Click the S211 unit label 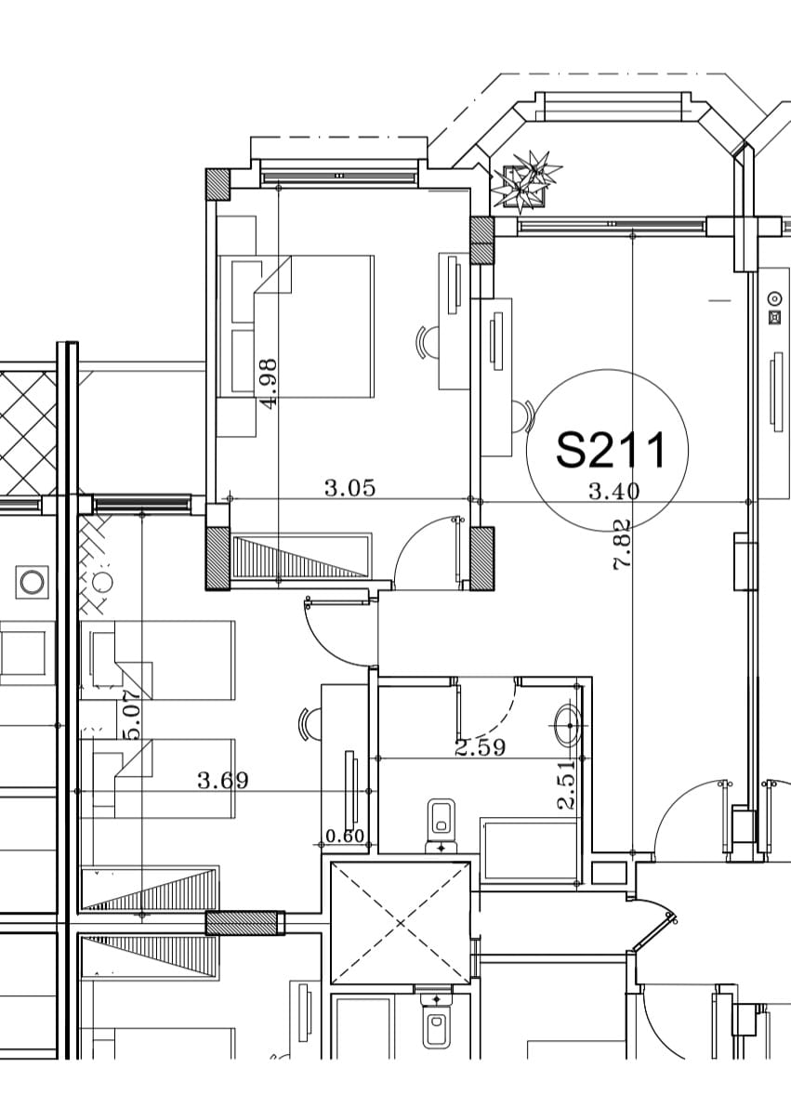click(610, 450)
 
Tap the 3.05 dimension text click(349, 487)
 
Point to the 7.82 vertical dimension click(622, 545)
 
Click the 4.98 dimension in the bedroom click(269, 384)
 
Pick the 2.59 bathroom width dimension click(481, 747)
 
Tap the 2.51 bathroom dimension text click(567, 784)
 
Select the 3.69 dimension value click(223, 780)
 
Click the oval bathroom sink click(568, 725)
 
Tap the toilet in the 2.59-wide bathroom click(442, 824)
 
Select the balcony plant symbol click(528, 180)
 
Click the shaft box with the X click(401, 923)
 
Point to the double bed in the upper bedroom click(296, 326)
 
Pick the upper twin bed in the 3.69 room click(157, 661)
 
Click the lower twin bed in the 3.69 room click(157, 779)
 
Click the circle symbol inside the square click(31, 582)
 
